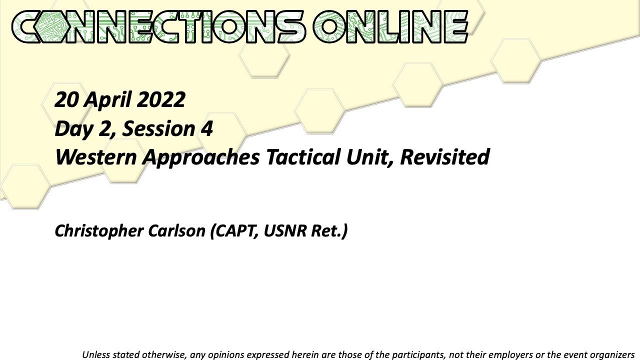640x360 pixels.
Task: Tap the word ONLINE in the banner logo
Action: pos(390,26)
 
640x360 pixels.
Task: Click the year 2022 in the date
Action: pos(161,100)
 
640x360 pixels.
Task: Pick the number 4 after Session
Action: pos(207,129)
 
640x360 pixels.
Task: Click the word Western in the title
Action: pos(95,157)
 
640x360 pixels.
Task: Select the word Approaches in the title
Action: pos(201,157)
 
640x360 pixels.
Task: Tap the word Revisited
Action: pos(444,157)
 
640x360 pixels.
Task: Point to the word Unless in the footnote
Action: pos(95,354)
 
